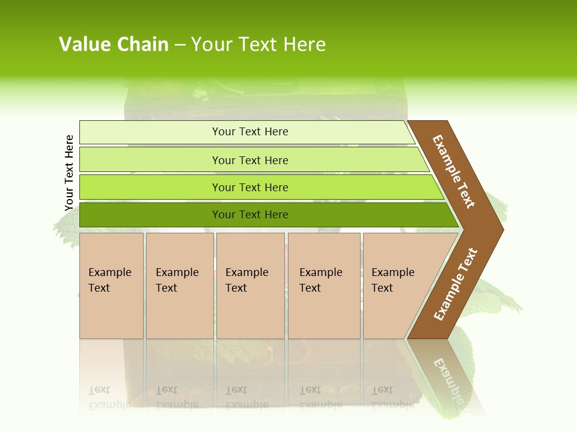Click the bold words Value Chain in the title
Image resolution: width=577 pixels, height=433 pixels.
[114, 45]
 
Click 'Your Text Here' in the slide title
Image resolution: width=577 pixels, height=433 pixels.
[258, 45]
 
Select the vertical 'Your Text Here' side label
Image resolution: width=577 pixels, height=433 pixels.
[69, 173]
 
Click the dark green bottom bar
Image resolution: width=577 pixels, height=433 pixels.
[150, 215]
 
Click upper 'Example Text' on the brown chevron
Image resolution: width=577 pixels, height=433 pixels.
[454, 171]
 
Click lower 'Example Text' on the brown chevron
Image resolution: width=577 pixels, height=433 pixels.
[456, 284]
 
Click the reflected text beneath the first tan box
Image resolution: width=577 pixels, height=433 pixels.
[109, 398]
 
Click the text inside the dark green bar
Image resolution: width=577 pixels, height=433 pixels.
[250, 215]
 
